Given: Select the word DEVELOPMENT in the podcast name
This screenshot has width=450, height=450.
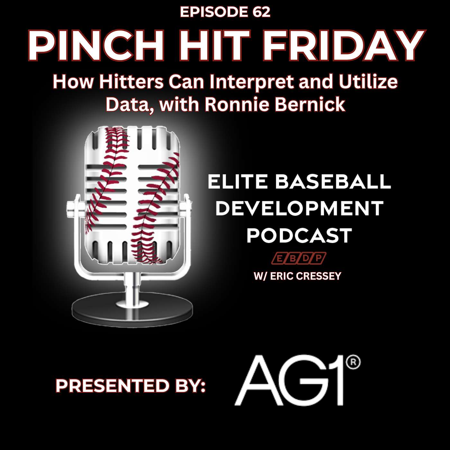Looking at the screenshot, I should pos(299,208).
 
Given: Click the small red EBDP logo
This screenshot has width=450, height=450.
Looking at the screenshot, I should pos(299,258).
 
